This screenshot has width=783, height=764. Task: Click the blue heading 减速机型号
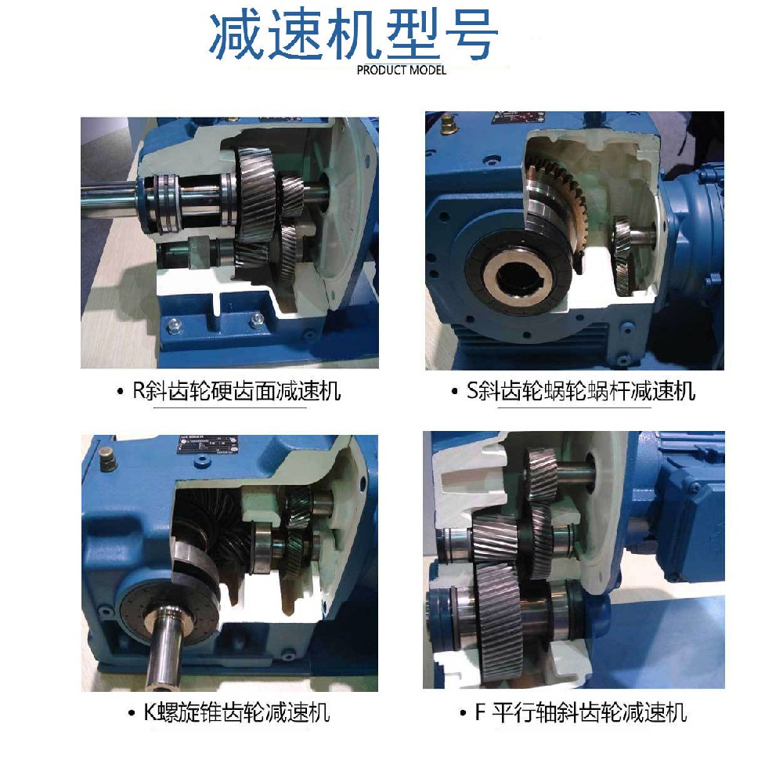pos(352,36)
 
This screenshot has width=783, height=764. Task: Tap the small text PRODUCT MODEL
pos(401,70)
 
